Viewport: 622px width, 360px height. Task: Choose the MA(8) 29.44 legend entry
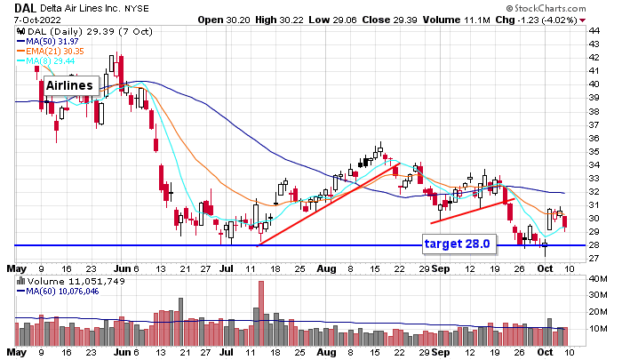(44, 60)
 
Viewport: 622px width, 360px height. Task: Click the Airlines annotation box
(70, 84)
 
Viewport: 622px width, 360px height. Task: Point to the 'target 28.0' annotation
(456, 243)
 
